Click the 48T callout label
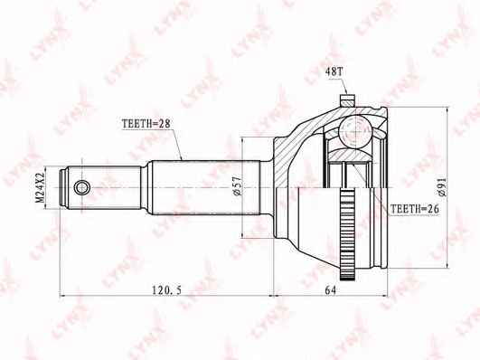[334, 71]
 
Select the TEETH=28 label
[146, 124]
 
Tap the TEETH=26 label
[415, 209]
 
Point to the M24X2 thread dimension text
[40, 187]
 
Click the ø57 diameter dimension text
[238, 186]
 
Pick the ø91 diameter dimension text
[442, 187]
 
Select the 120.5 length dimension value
[167, 289]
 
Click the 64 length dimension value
[330, 289]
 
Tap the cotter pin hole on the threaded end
[81, 187]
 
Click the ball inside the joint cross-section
[355, 131]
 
